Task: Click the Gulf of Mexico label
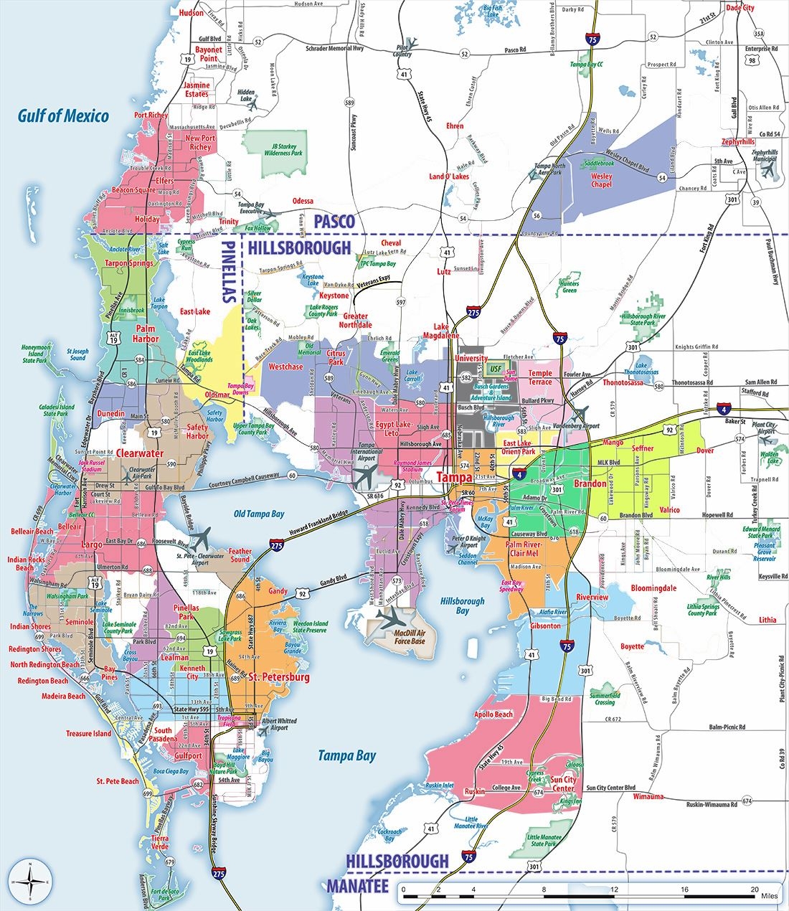pyautogui.click(x=64, y=115)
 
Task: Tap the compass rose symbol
pyautogui.click(x=29, y=880)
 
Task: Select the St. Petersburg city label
pyautogui.click(x=278, y=676)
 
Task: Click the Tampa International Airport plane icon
pyautogui.click(x=367, y=474)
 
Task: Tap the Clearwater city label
pyautogui.click(x=140, y=453)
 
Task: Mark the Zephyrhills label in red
pyautogui.click(x=738, y=141)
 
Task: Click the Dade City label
pyautogui.click(x=740, y=8)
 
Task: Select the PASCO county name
pyautogui.click(x=334, y=222)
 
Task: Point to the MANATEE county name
pyautogui.click(x=357, y=886)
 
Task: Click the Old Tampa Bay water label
pyautogui.click(x=259, y=514)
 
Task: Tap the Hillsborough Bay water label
pyautogui.click(x=463, y=606)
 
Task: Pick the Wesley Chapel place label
pyautogui.click(x=601, y=180)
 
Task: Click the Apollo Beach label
pyautogui.click(x=493, y=714)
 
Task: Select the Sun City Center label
pyautogui.click(x=563, y=783)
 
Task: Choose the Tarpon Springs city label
pyautogui.click(x=130, y=263)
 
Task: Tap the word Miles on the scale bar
pyautogui.click(x=769, y=897)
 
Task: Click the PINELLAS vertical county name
pyautogui.click(x=230, y=272)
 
